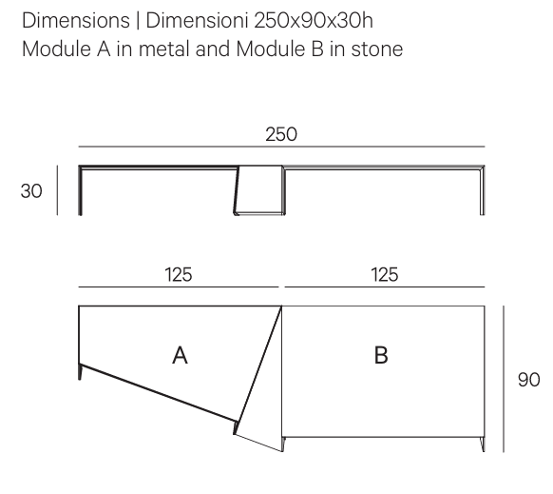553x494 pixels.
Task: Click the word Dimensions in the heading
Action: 76,20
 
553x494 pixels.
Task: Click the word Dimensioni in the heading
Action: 197,20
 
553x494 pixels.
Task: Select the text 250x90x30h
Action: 314,20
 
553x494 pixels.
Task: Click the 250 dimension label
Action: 281,134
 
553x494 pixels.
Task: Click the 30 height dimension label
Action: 31,191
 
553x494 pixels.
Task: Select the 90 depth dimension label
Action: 528,380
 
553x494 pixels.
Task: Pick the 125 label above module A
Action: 179,275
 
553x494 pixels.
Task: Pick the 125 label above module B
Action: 385,275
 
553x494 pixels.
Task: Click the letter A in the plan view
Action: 180,355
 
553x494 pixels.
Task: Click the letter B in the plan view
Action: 381,355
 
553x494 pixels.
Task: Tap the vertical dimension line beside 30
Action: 57,190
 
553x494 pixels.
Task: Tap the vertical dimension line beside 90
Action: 504,379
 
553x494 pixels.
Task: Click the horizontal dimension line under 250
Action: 281,147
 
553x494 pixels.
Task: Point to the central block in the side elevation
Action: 259,189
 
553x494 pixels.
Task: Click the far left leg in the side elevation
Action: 81,190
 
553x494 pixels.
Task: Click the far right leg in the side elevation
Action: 482,190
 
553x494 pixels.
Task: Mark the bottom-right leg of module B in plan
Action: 482,445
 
